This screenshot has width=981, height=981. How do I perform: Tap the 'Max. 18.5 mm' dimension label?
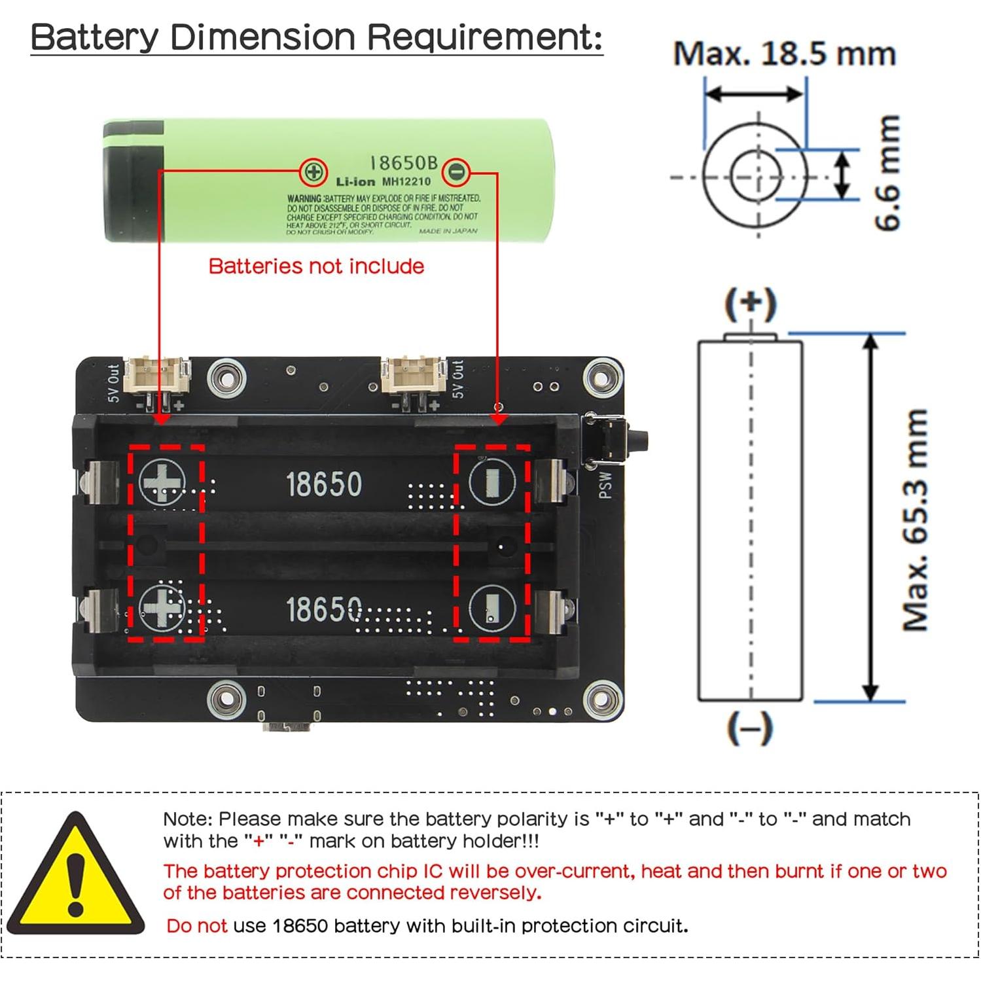click(x=784, y=54)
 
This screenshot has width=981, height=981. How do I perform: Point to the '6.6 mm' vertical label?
click(x=888, y=173)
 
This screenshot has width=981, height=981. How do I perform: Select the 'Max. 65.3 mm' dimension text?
click(x=916, y=520)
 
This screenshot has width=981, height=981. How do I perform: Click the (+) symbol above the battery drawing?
click(x=751, y=304)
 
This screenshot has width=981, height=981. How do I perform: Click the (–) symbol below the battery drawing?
click(x=750, y=728)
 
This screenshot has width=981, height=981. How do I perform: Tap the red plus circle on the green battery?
click(x=313, y=172)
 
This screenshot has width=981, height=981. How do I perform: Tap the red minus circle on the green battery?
click(x=456, y=172)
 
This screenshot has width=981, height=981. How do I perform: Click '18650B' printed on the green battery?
click(x=403, y=163)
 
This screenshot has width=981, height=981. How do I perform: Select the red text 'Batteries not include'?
click(x=316, y=266)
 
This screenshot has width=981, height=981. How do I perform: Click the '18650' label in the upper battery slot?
click(x=323, y=485)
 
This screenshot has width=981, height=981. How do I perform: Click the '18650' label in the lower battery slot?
click(x=323, y=609)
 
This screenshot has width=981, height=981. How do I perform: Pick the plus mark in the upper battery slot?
click(x=162, y=483)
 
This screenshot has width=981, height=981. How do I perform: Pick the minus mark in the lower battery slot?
click(x=491, y=609)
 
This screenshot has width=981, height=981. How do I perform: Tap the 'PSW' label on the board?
click(x=605, y=486)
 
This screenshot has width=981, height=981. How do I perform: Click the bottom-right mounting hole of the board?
click(x=601, y=698)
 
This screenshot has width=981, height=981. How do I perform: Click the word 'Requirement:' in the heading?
click(x=484, y=37)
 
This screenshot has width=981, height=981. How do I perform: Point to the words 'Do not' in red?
click(x=196, y=926)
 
